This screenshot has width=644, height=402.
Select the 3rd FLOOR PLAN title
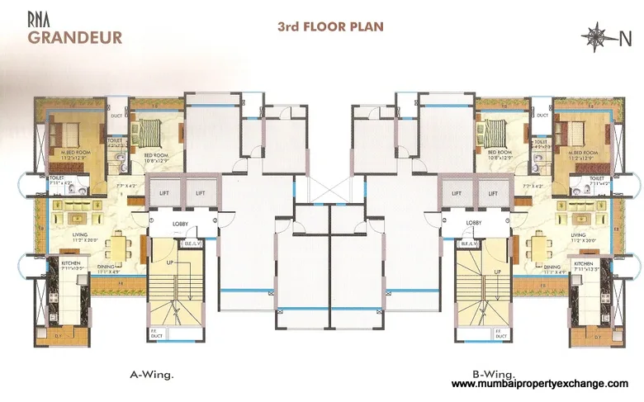330,27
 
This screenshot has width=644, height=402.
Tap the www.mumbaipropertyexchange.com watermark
541,385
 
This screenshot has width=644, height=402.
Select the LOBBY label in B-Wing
474,223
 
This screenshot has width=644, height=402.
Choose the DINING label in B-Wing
552,266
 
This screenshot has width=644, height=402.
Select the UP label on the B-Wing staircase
498,271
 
